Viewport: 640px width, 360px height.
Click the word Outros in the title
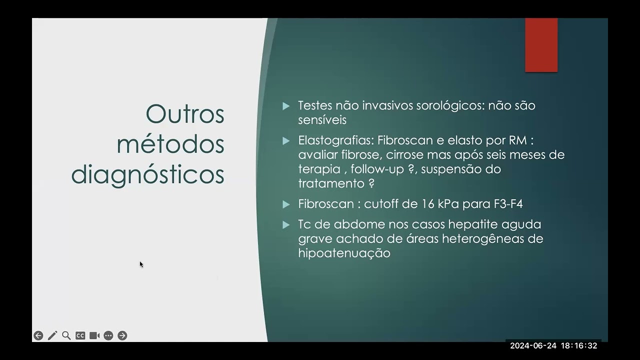[185, 114]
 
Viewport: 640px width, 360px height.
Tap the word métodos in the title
[170, 144]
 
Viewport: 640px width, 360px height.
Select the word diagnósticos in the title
[147, 174]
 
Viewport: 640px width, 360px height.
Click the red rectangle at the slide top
[541, 45]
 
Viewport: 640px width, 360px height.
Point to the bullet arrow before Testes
[286, 106]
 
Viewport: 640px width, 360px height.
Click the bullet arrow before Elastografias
[286, 141]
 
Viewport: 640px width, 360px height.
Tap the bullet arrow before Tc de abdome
[286, 225]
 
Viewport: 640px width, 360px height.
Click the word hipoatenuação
[344, 253]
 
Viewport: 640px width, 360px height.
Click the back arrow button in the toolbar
[38, 335]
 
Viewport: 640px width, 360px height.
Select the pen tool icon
[52, 335]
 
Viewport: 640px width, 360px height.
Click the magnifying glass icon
[66, 335]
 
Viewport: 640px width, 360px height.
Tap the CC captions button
[80, 335]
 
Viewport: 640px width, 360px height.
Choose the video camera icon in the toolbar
[94, 335]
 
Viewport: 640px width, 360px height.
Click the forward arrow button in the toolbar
[122, 335]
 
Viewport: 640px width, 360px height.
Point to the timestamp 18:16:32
[579, 345]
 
